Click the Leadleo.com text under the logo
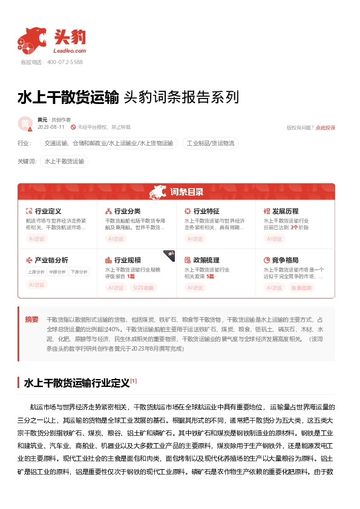(x=71, y=51)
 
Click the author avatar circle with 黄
(x=25, y=123)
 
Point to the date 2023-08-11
(x=51, y=128)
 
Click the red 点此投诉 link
(x=325, y=128)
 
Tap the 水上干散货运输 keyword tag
(x=64, y=161)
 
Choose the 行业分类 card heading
(x=127, y=211)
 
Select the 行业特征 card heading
(x=206, y=211)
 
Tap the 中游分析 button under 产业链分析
(x=57, y=271)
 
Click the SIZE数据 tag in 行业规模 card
(x=144, y=288)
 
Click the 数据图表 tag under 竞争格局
(x=302, y=288)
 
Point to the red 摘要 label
(x=32, y=319)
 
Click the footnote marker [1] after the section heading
(x=134, y=381)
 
